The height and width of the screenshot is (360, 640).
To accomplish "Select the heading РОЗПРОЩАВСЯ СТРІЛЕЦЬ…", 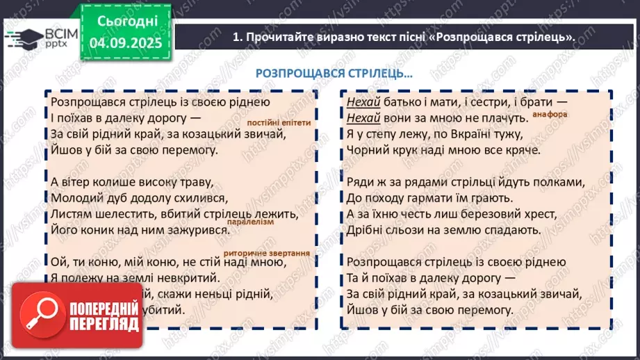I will pyautogui.click(x=334, y=73).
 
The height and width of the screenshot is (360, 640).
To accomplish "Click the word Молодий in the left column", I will pyautogui.click(x=75, y=197).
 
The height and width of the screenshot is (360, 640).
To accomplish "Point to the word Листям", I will pyautogui.click(x=71, y=213).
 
